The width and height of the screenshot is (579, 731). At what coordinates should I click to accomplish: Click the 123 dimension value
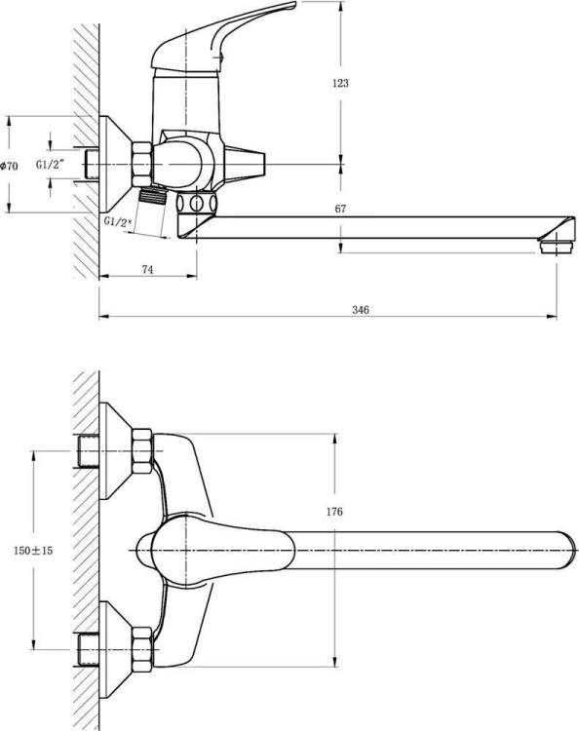click(x=340, y=84)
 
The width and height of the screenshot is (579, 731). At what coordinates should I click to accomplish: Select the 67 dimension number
click(x=340, y=209)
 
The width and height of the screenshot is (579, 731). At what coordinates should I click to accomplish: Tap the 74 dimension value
click(x=147, y=269)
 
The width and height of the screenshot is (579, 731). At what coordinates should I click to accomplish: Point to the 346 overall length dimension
click(x=361, y=310)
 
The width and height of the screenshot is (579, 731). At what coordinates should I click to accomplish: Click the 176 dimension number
click(x=334, y=512)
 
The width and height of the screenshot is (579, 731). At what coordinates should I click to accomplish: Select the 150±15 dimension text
click(x=33, y=551)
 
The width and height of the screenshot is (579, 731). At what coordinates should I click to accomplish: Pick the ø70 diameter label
click(x=10, y=166)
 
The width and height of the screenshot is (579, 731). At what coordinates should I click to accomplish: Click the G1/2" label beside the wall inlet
click(x=50, y=164)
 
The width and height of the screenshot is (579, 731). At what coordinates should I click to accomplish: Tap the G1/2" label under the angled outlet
click(x=118, y=221)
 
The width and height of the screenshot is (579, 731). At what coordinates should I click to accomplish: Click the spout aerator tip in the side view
click(x=556, y=247)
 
